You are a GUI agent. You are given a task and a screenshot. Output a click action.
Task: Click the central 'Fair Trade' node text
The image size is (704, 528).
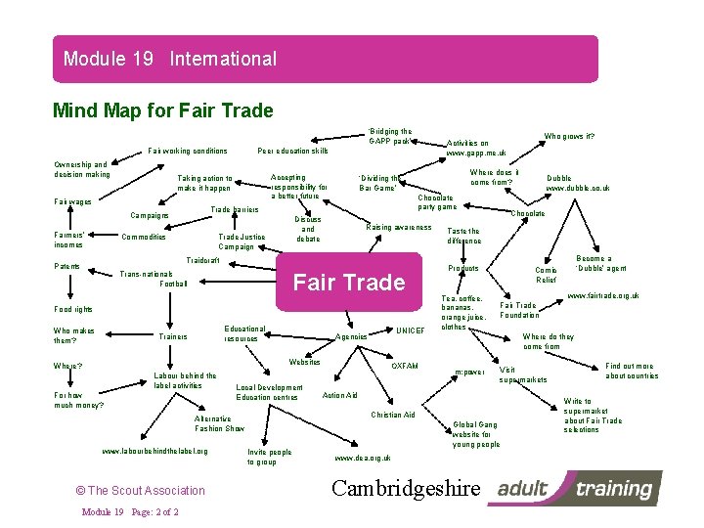[x=349, y=283]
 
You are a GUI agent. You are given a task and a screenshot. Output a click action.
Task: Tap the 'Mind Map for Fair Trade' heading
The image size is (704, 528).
[x=162, y=110]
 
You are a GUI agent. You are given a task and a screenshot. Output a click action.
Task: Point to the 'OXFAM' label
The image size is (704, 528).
[x=404, y=367]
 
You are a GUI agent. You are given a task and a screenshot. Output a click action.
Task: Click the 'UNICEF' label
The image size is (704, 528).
[x=410, y=330]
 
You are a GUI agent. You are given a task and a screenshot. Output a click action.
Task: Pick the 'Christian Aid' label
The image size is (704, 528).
[x=393, y=415]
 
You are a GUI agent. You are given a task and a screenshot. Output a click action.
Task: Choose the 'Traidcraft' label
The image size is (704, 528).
[x=202, y=261]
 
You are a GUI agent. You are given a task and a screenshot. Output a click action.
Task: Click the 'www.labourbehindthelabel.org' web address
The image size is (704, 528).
[x=154, y=451]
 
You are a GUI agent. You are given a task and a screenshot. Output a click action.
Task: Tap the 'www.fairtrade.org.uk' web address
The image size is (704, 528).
[x=603, y=295]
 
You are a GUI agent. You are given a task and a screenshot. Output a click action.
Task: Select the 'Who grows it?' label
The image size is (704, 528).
[x=570, y=137]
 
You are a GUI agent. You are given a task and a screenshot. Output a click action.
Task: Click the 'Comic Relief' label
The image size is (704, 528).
[x=546, y=275]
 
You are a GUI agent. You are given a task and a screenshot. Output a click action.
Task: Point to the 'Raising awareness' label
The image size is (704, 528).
[x=398, y=227]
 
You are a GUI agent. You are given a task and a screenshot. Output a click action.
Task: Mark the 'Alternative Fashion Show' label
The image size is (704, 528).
[x=220, y=422]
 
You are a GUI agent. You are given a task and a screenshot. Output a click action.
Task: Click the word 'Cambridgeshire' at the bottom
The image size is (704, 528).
[x=407, y=488]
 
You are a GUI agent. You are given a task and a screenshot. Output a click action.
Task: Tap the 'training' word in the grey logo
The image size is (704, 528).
[x=617, y=488]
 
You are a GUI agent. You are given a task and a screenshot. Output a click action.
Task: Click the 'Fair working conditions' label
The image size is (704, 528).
[x=188, y=151]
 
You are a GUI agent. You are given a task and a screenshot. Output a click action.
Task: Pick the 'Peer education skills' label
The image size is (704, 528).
[x=292, y=151]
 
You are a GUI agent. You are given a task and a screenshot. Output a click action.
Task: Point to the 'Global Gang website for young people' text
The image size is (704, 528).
[x=475, y=434]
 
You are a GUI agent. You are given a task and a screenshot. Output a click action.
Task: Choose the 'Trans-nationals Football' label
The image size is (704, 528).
[x=152, y=279]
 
